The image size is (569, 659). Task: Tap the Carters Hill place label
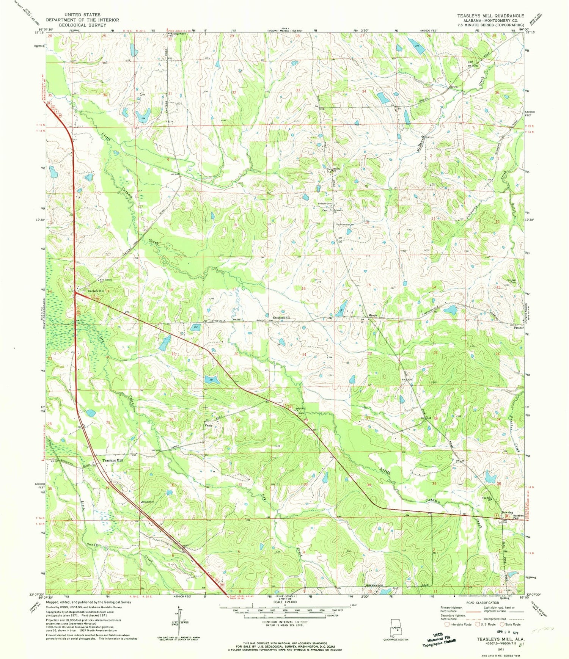(95, 291)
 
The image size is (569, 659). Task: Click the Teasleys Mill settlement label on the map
(113, 460)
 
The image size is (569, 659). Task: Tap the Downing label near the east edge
(507, 513)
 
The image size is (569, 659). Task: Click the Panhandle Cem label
(345, 224)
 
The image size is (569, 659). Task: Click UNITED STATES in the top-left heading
(82, 15)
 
